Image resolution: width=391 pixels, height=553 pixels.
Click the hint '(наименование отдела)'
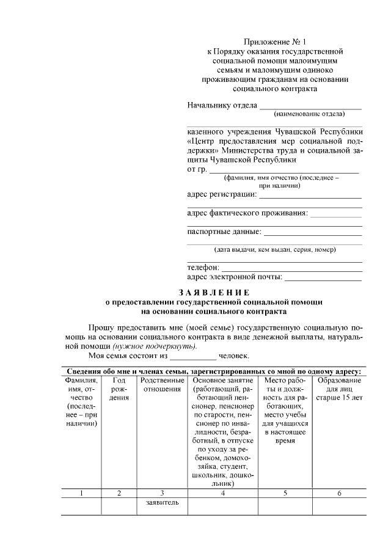click(x=309, y=114)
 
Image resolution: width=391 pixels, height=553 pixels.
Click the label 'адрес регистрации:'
click(x=222, y=195)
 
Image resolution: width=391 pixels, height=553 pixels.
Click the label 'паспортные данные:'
click(x=224, y=232)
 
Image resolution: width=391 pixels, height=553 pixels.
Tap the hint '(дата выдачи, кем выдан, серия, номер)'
click(x=274, y=250)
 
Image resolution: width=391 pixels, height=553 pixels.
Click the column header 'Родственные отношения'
click(x=162, y=385)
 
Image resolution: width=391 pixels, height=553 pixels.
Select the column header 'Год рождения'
click(x=119, y=389)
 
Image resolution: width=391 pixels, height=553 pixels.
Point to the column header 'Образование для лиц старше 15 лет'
click(x=339, y=389)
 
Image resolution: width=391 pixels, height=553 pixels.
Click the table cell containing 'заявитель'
click(x=162, y=503)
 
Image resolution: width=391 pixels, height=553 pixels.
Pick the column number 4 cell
click(x=223, y=493)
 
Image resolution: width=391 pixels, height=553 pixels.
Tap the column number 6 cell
click(x=339, y=493)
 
